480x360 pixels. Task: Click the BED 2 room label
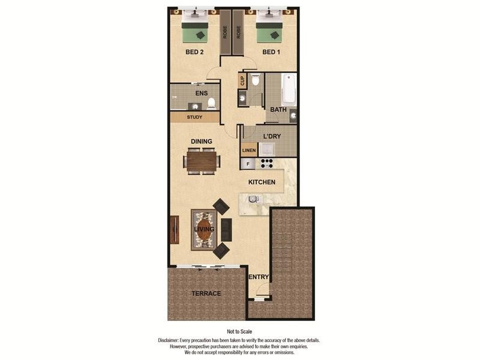pyautogui.click(x=194, y=52)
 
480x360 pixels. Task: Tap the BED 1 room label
pyautogui.click(x=271, y=52)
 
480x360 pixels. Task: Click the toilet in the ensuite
pyautogui.click(x=211, y=103)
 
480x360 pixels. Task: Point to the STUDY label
pyautogui.click(x=194, y=117)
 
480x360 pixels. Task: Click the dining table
pyautogui.click(x=202, y=161)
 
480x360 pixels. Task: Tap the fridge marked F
pyautogui.click(x=247, y=163)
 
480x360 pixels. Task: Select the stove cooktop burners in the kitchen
pyautogui.click(x=265, y=163)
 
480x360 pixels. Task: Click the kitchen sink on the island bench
pyautogui.click(x=253, y=199)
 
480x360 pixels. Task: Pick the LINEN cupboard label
pyautogui.click(x=249, y=150)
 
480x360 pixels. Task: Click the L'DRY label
pyautogui.click(x=272, y=136)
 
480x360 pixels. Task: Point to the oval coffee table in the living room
pyautogui.click(x=204, y=229)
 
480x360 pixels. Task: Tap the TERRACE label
pyautogui.click(x=206, y=293)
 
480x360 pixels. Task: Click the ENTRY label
pyautogui.click(x=259, y=277)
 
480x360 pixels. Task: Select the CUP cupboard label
pyautogui.click(x=242, y=80)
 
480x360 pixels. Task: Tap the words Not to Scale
pyautogui.click(x=239, y=331)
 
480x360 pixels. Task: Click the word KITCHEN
pyautogui.click(x=262, y=182)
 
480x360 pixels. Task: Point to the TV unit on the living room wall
pyautogui.click(x=175, y=229)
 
